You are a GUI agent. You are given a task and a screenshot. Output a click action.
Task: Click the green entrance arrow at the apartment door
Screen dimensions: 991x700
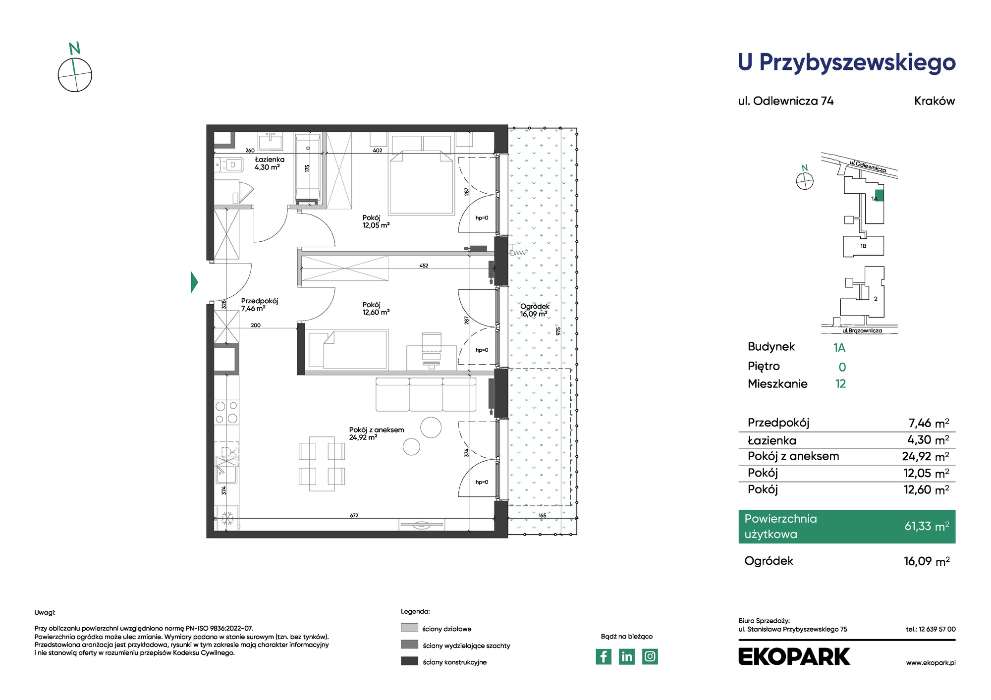(194, 282)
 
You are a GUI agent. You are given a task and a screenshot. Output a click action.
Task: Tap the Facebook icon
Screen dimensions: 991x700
(603, 656)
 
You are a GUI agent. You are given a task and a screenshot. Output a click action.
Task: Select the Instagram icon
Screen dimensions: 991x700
(650, 656)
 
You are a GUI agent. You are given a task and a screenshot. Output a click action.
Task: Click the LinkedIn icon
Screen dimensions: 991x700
(627, 656)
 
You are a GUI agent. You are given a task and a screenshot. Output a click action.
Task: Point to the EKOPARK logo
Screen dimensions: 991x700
(794, 656)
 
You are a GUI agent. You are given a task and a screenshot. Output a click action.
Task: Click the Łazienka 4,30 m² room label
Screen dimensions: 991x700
(269, 163)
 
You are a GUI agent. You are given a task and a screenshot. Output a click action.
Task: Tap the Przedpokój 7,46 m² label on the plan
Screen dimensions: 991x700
(260, 305)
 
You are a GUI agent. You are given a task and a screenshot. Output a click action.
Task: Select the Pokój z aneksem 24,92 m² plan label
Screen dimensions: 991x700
(377, 433)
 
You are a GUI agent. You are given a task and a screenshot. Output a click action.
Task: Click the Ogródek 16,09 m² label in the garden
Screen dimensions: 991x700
(535, 310)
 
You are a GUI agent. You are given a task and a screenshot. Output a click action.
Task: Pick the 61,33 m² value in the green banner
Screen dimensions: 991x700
(927, 526)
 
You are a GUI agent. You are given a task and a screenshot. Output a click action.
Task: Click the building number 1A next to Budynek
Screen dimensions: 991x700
(839, 348)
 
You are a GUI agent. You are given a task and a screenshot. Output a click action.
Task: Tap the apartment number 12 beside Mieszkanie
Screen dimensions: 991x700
(840, 384)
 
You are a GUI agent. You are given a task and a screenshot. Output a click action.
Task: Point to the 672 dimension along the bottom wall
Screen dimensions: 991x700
(354, 516)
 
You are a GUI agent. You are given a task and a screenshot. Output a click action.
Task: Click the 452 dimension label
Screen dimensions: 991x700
(424, 266)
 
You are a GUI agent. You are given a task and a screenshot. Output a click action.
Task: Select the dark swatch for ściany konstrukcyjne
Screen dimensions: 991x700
(410, 661)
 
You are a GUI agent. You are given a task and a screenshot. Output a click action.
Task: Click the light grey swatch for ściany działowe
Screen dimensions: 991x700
(410, 628)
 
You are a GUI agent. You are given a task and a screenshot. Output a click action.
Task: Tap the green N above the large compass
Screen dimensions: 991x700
(74, 49)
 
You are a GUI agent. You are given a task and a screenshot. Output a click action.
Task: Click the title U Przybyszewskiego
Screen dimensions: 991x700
(847, 63)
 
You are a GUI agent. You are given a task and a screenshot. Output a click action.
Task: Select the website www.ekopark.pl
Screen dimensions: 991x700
(931, 663)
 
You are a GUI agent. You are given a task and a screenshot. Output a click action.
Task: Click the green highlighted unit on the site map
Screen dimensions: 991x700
(879, 195)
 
